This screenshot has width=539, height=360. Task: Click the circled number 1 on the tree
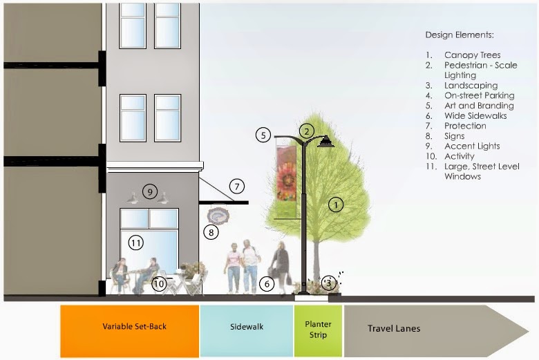pos(336,205)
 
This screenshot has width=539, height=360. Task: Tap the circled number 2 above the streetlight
pos(307,129)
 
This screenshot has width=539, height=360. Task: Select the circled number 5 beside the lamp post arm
pos(263,135)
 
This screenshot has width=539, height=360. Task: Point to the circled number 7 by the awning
pos(237,186)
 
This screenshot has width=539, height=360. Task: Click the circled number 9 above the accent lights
pos(150,191)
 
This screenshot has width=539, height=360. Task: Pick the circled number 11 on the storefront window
pos(135,243)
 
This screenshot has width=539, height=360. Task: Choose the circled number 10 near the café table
pos(160,283)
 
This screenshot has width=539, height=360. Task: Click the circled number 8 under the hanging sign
pos(210,232)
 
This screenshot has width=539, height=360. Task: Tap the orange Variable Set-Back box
pos(130,326)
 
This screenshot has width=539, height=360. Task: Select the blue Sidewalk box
pos(247,326)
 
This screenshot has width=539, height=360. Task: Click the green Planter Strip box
pos(318,329)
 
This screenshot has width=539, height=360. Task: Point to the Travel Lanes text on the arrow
pos(393,329)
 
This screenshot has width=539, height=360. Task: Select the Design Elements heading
pos(460,35)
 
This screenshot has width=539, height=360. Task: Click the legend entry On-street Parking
pos(479,95)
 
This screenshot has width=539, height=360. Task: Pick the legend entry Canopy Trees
pos(472,55)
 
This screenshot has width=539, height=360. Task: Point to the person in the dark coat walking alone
pos(281,266)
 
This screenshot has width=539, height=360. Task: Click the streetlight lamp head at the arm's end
pos(325,142)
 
